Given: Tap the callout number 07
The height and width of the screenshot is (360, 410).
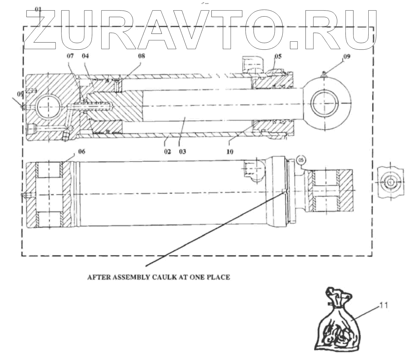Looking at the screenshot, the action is tap(70, 56).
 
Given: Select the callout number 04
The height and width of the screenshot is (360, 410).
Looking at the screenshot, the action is tap(85, 56).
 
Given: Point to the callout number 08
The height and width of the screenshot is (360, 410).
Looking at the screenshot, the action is tap(141, 56).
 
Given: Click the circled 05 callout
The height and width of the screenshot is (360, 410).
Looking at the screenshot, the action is tap(301, 160).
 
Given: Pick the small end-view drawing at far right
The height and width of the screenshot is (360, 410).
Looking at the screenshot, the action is tap(390, 182).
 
